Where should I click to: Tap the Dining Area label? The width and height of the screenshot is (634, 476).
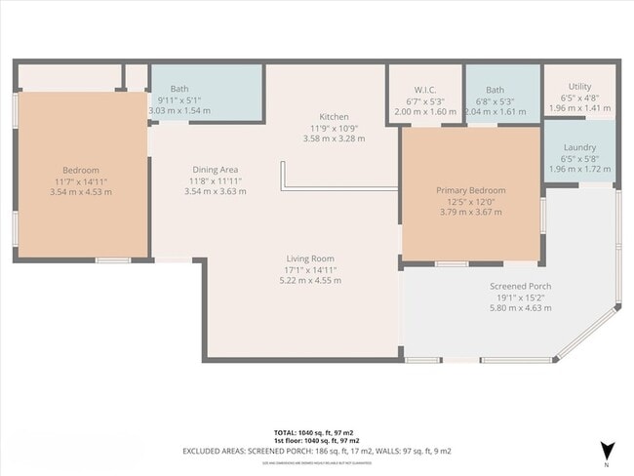[x=216, y=170]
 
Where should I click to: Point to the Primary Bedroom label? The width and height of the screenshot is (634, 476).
[x=470, y=190]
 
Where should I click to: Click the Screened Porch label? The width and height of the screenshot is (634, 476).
[x=520, y=286]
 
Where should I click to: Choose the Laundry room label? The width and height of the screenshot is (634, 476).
[x=579, y=147]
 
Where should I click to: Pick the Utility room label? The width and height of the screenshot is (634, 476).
[x=578, y=87]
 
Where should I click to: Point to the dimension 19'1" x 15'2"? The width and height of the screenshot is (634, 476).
[x=520, y=297]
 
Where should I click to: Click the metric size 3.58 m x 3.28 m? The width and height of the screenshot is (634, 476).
[x=334, y=139]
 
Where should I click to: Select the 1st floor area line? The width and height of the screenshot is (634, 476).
[x=316, y=441]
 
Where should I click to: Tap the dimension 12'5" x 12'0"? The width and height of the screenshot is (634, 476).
[x=470, y=201]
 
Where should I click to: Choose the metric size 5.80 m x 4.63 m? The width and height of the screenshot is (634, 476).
[x=520, y=308]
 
